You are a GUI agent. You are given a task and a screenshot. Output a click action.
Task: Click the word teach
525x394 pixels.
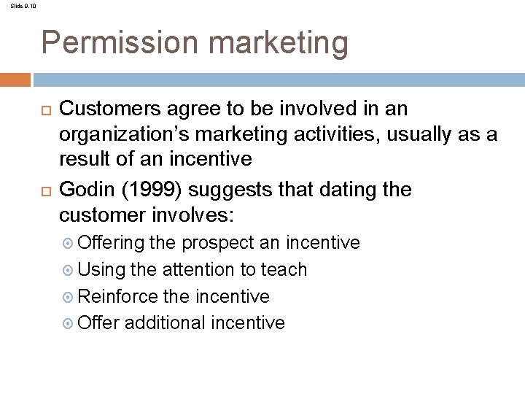pos(284,269)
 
